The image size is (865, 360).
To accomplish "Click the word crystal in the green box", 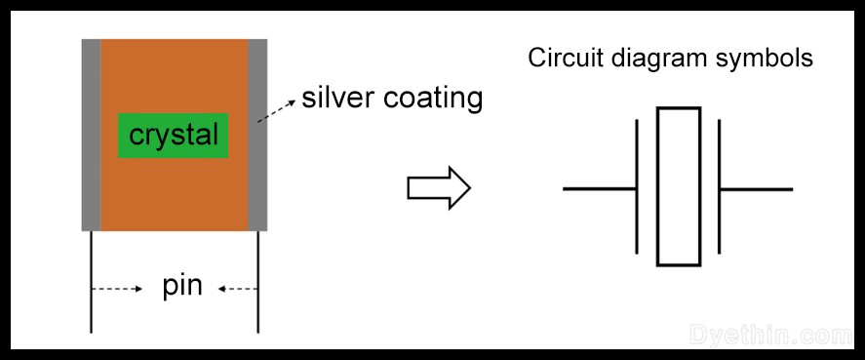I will [x=174, y=135].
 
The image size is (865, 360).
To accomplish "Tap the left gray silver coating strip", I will [x=91, y=134].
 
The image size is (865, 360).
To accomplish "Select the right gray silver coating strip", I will [x=258, y=134].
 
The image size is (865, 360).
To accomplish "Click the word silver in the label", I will [x=333, y=99].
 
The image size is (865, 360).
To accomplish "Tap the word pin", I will [x=182, y=288].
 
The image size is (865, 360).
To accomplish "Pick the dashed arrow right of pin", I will [x=238, y=289].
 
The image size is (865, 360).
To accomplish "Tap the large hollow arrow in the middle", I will [x=438, y=188].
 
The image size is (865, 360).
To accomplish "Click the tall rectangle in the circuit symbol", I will [x=678, y=187].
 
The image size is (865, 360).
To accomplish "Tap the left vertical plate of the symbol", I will [x=638, y=188].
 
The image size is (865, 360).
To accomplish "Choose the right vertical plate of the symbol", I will [x=719, y=188].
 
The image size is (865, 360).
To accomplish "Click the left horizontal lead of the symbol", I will [x=600, y=188].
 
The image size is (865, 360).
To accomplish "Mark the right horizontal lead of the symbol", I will [x=756, y=188].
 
